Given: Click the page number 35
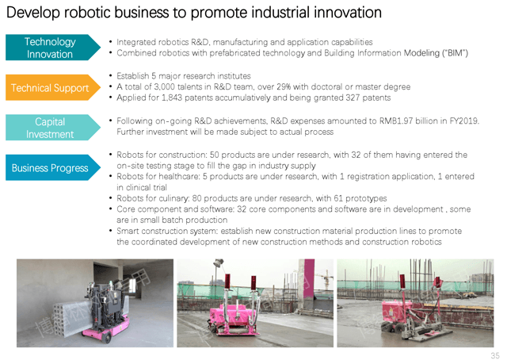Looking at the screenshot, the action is click(495, 355).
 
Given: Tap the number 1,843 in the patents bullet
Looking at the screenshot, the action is click(172, 98).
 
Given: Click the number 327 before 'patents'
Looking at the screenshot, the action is click(353, 98).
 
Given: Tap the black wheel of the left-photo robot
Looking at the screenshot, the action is click(106, 337).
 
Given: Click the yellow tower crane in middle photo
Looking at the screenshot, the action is click(326, 279).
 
